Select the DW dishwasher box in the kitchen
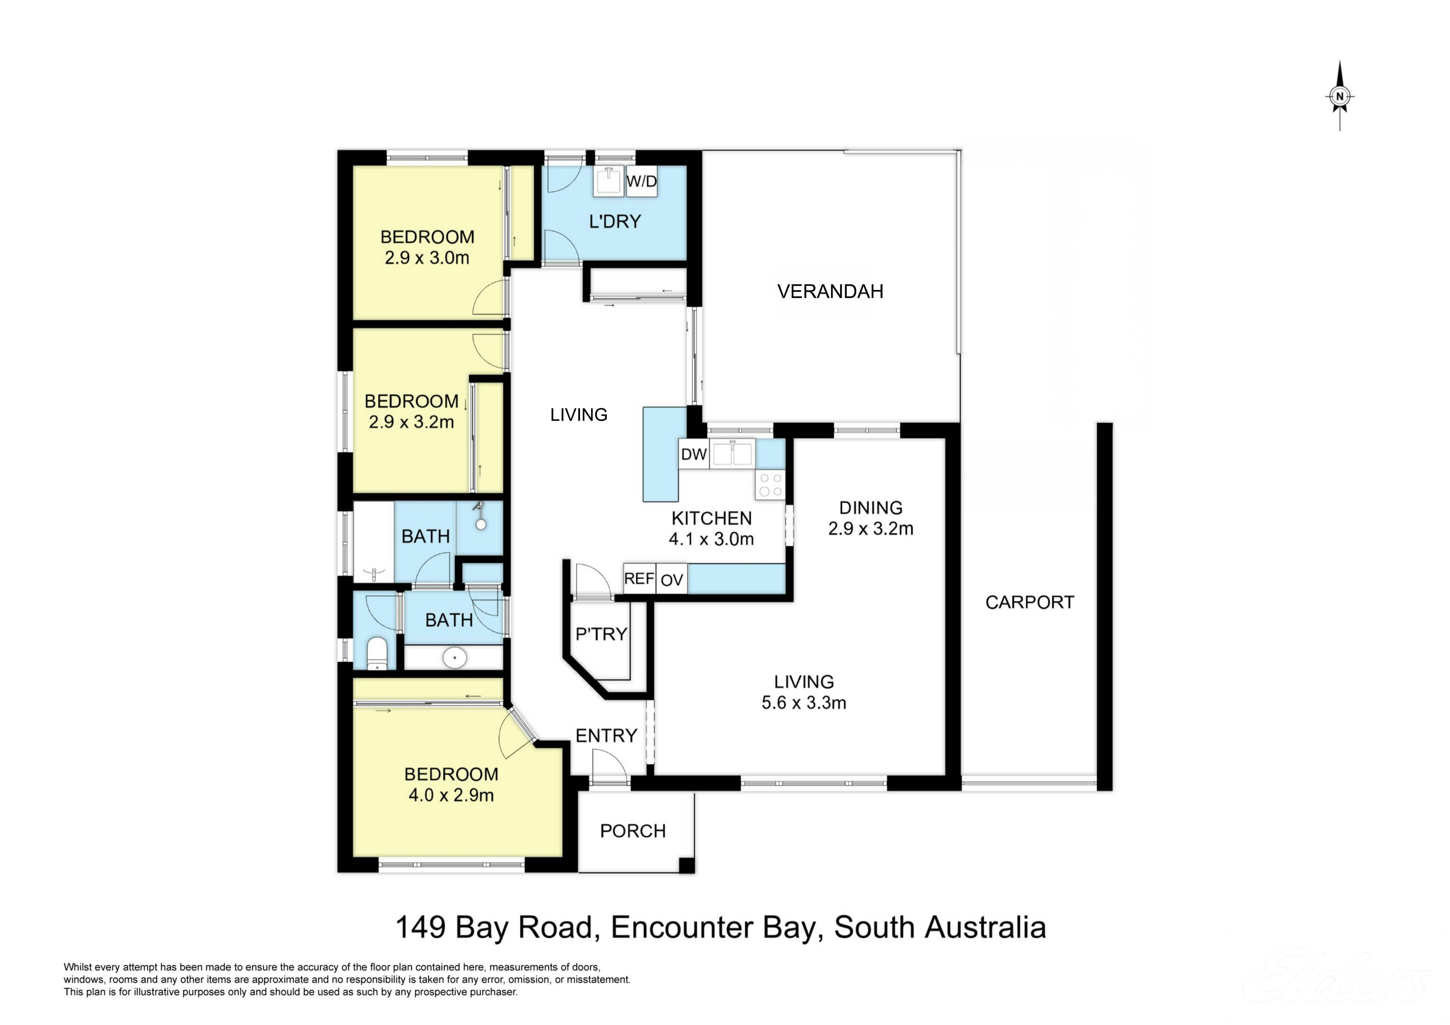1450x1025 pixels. pos(694,455)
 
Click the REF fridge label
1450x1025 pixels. pos(639,578)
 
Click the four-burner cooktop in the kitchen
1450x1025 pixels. pos(770,484)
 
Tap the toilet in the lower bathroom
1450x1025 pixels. pos(377,653)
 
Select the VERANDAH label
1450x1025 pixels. pos(830,291)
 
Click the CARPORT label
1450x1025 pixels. pos(1030,603)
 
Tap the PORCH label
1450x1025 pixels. pos(633,831)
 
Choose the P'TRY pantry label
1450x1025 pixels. pos(601,633)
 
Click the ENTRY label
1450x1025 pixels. pos(606,736)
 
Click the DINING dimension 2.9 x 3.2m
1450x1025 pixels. pos(871,529)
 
